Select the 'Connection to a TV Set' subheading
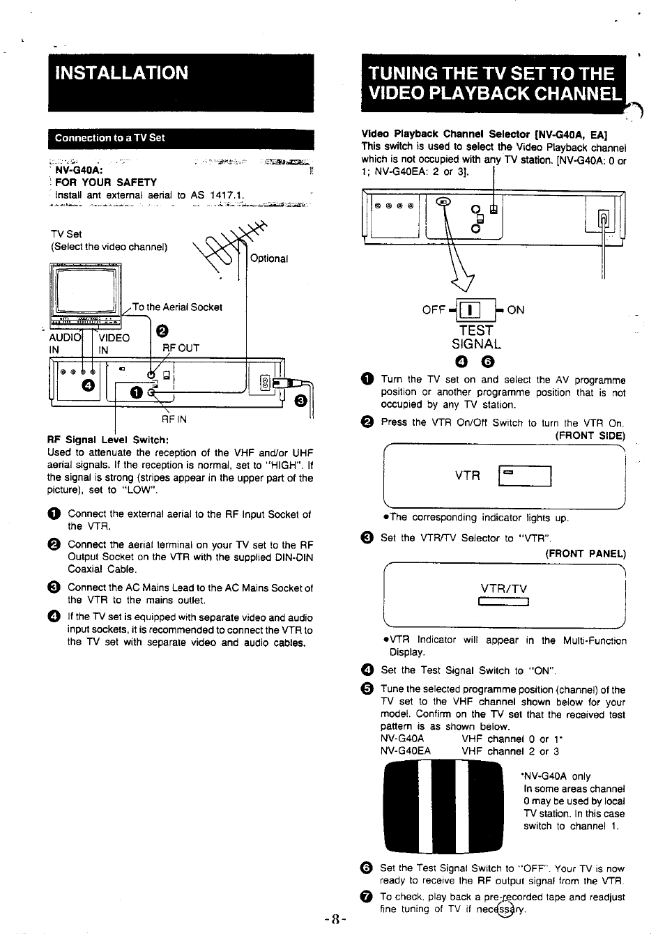(110, 138)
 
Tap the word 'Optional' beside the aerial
(269, 259)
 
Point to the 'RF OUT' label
(181, 348)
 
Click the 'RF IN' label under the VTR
(174, 419)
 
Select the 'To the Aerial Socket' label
(177, 307)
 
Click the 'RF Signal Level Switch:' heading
(108, 440)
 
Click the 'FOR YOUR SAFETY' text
(106, 183)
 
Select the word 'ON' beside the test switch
(516, 310)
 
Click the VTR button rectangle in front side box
(526, 476)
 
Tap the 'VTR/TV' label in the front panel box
(504, 589)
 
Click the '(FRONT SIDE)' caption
(590, 436)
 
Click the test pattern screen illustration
(442, 807)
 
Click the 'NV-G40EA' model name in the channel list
(406, 751)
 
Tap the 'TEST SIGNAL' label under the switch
(476, 337)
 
